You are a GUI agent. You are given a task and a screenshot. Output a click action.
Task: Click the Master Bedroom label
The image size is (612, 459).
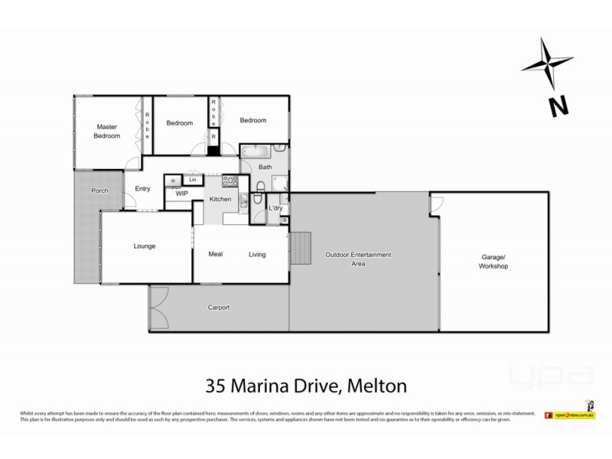(x=107, y=131)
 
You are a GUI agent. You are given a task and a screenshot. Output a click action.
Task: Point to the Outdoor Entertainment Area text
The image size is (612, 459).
(x=358, y=259)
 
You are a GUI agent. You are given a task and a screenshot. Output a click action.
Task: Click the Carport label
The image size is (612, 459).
(x=218, y=308)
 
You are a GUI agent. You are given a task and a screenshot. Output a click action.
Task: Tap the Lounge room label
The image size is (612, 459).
(x=145, y=246)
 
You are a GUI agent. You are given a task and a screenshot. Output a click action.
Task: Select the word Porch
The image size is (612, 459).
(x=99, y=190)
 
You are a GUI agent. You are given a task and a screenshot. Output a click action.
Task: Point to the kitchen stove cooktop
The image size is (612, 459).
(x=229, y=181)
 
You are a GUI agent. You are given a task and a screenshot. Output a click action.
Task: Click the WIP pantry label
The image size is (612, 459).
(x=181, y=194)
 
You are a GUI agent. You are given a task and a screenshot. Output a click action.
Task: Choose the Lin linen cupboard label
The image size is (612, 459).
(x=193, y=180)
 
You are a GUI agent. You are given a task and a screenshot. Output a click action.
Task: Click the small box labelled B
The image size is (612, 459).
(x=285, y=220)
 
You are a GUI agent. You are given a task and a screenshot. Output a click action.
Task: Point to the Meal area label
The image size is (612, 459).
(x=216, y=254)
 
